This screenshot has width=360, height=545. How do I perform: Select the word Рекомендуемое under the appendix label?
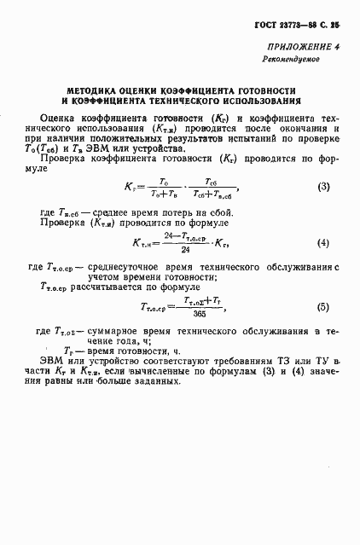point(289,61)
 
